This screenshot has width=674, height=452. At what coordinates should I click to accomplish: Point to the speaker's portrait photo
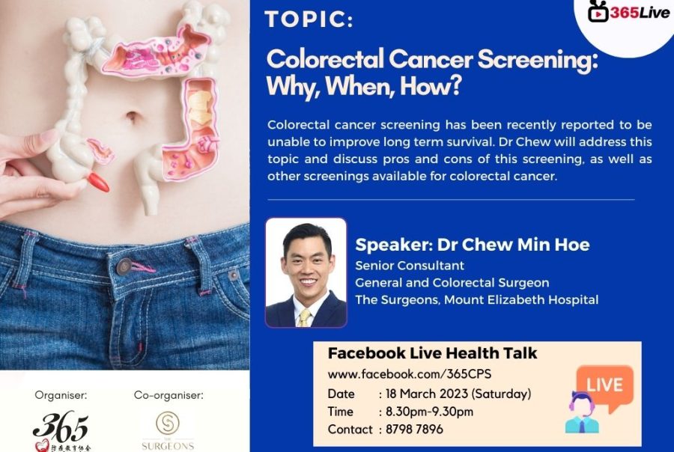coord(306,273)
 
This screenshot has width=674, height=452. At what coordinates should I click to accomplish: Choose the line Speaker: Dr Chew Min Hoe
coord(472,245)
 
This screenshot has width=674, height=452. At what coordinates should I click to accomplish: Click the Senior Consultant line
coord(409,266)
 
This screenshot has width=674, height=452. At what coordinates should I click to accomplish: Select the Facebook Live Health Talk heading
coord(432,353)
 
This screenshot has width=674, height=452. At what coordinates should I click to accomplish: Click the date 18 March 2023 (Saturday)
coord(458,394)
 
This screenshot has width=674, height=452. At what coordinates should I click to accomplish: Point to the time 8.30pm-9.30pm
coord(428,412)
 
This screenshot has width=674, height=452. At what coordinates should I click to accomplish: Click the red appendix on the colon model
coord(98,182)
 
